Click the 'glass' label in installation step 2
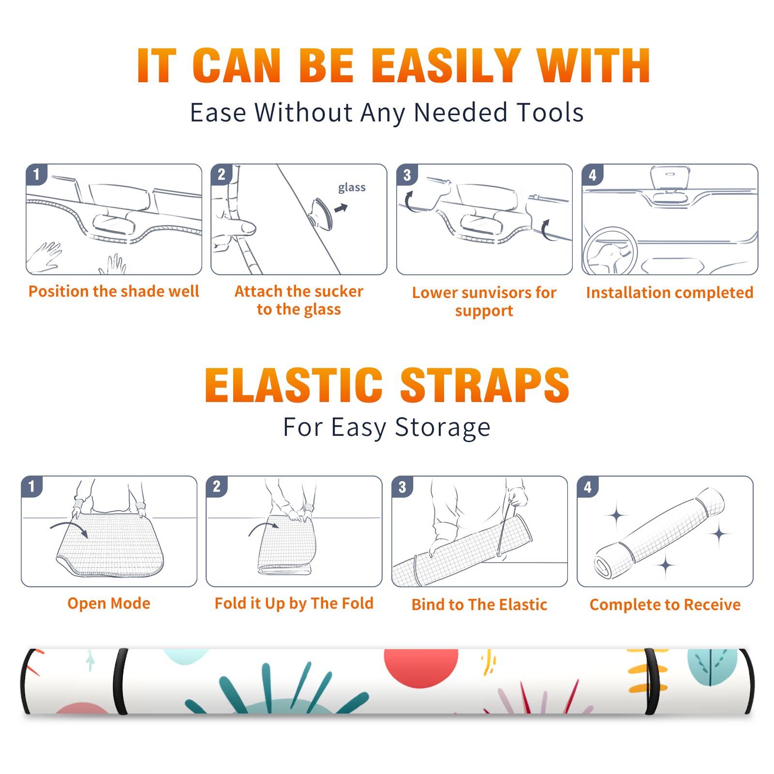coord(352,188)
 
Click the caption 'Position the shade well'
coord(114,291)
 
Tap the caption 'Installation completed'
coord(670,293)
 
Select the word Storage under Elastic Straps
coord(443,428)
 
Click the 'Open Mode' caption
coord(109,603)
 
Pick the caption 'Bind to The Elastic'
coord(479,605)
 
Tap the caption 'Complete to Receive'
coord(665,605)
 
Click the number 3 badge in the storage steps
coord(402,487)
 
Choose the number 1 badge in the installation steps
coord(36,174)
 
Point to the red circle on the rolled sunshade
coord(421,668)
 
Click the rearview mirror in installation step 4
coord(670,178)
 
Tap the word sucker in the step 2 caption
coord(338,291)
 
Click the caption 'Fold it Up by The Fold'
coord(294,603)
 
